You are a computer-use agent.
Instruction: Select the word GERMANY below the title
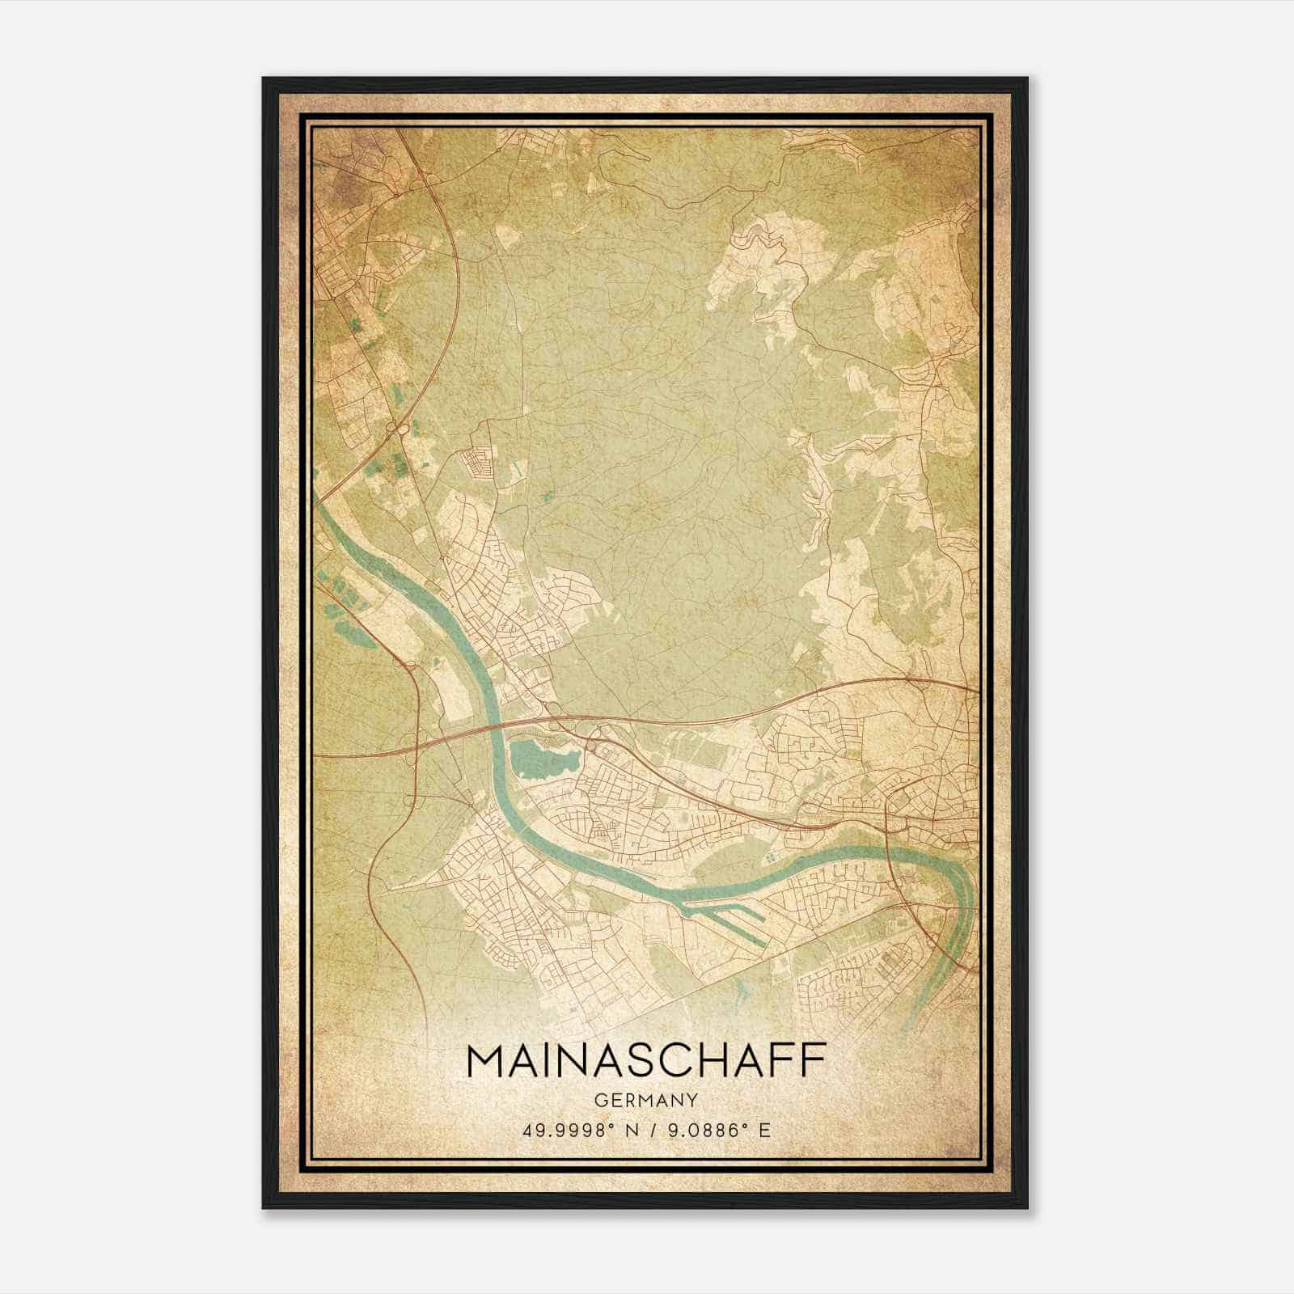(646, 1101)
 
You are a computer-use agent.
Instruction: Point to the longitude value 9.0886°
(700, 1130)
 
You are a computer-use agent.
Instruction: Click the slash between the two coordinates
(652, 1130)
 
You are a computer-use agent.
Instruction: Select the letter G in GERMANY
(599, 1101)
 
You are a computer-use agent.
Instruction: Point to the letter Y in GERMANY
(693, 1101)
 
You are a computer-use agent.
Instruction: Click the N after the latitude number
(632, 1130)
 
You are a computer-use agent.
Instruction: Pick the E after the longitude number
(764, 1130)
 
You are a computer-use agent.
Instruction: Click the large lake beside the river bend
(542, 758)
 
